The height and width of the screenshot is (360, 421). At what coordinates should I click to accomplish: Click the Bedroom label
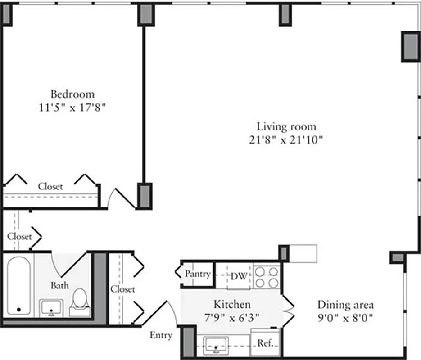point(72,94)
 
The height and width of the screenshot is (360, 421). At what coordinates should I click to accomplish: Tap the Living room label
point(286,126)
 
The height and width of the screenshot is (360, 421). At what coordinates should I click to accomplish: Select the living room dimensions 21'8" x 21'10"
point(286,140)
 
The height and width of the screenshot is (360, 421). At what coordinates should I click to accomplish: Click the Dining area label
point(345,305)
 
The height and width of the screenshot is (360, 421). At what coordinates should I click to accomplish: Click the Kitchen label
point(232,305)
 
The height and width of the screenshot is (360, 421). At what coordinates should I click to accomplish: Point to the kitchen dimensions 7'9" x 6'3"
point(232,318)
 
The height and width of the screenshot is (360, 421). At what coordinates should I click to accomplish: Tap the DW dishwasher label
point(239,276)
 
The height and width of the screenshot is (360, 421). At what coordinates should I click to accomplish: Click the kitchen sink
point(217,345)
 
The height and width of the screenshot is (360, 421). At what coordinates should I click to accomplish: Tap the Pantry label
point(198,274)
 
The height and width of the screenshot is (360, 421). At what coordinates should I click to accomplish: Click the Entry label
point(161,335)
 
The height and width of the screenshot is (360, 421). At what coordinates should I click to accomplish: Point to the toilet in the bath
point(80,299)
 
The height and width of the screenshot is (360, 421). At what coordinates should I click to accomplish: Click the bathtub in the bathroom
point(18,286)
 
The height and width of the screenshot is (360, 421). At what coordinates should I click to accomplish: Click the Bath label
point(59,285)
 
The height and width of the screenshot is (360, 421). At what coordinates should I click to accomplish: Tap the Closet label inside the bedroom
point(50,186)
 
